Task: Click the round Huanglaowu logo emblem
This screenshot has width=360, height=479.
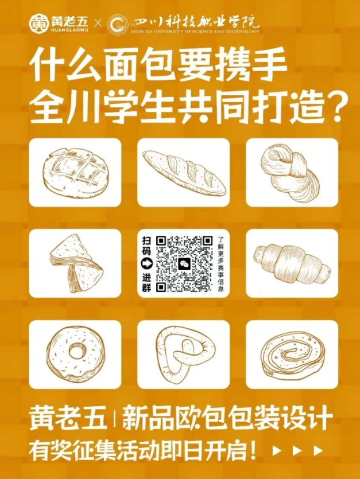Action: pyautogui.click(x=39, y=24)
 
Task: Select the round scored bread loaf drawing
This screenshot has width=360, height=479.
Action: pyautogui.click(x=75, y=172)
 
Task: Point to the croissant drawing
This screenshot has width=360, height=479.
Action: pyautogui.click(x=293, y=262)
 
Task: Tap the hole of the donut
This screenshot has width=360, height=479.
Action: pyautogui.click(x=76, y=351)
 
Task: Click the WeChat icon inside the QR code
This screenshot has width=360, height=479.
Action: pyautogui.click(x=184, y=263)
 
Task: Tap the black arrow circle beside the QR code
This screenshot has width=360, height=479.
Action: pyautogui.click(x=146, y=264)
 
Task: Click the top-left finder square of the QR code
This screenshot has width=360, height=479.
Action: pyautogui.click(x=161, y=240)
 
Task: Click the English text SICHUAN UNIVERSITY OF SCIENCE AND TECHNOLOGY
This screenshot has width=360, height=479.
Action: pyautogui.click(x=195, y=32)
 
